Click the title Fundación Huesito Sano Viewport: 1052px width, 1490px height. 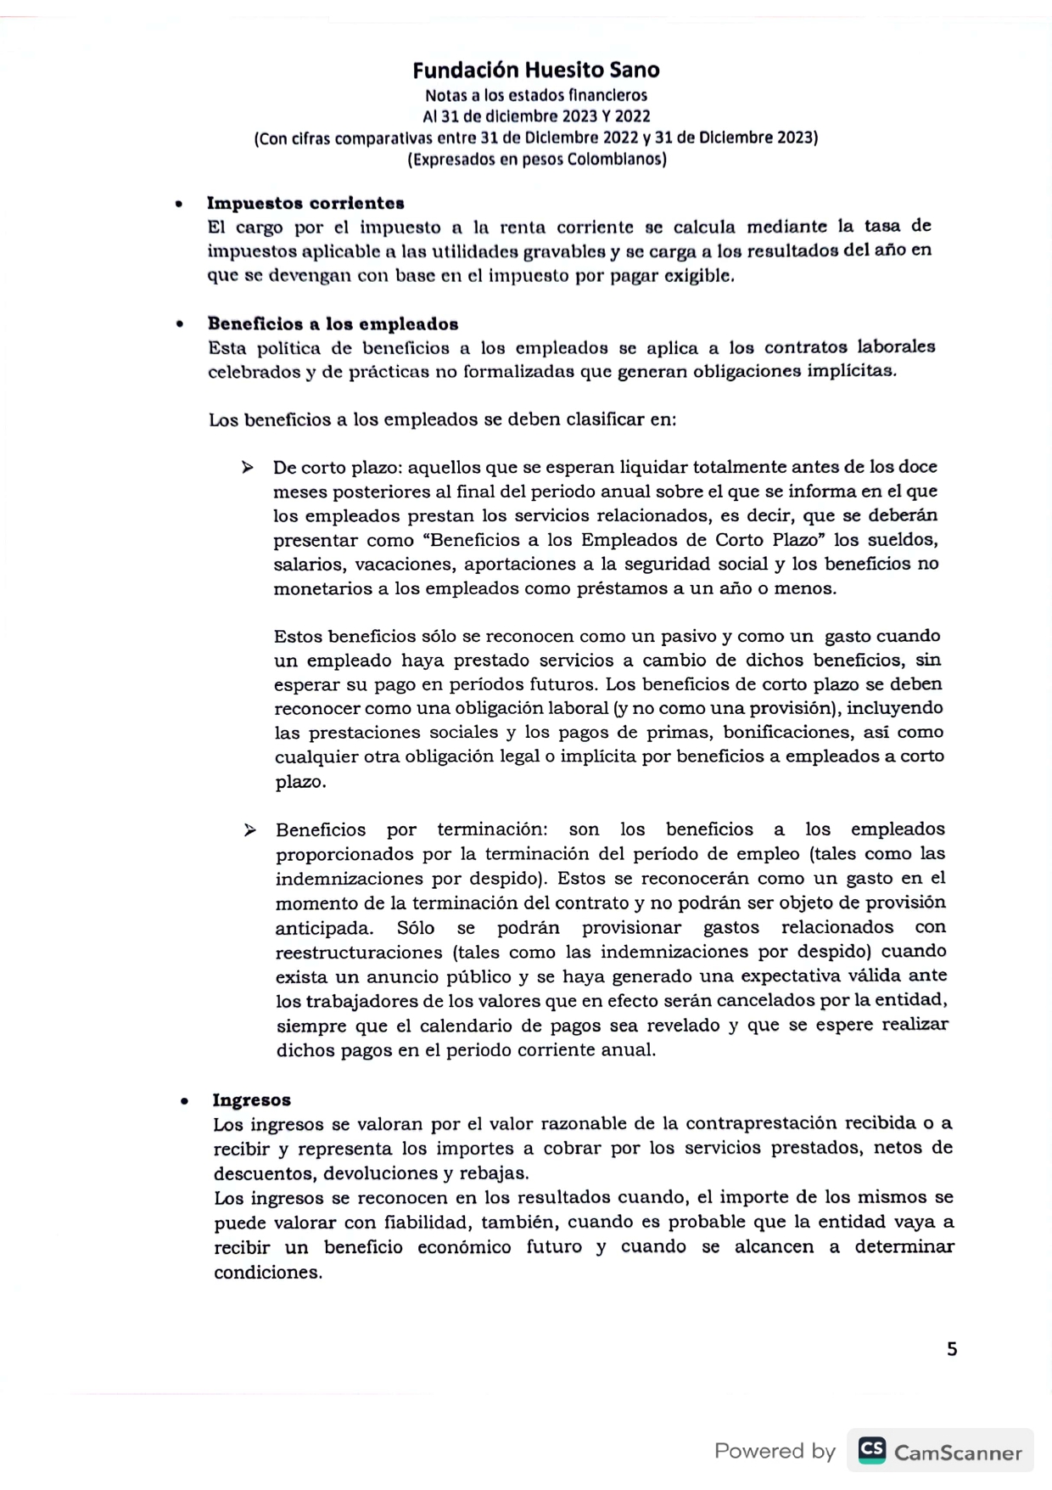(x=536, y=70)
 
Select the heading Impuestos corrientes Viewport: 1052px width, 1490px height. (x=305, y=203)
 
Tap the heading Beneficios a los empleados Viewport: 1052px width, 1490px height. (x=333, y=323)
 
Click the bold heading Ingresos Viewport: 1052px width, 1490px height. (x=251, y=1099)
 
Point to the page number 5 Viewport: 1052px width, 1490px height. (x=952, y=1349)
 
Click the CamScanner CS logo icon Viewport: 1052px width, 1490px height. (x=871, y=1450)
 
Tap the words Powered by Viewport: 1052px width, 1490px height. (x=775, y=1451)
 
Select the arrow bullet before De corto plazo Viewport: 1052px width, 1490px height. (x=247, y=467)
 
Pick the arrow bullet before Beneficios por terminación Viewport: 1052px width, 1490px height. (x=249, y=829)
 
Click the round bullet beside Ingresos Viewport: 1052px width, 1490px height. (x=184, y=1101)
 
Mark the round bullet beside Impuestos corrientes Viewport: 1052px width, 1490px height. (x=178, y=205)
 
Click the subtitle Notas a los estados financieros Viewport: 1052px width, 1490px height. (x=536, y=95)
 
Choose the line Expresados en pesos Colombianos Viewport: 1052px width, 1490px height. (x=536, y=160)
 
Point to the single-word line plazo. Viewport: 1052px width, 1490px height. (x=300, y=782)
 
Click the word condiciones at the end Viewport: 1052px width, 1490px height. (x=267, y=1273)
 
